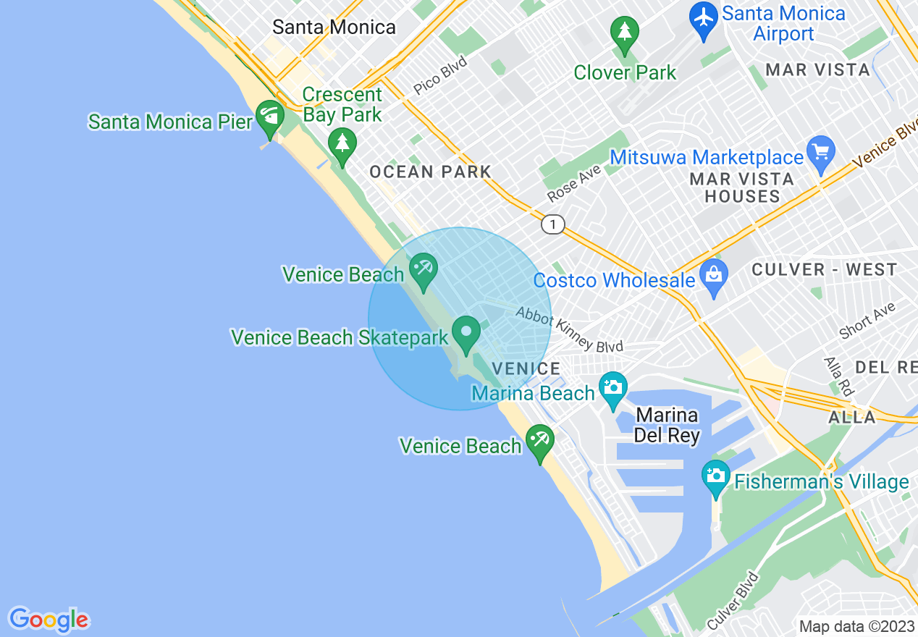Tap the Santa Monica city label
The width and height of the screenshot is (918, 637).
tap(334, 28)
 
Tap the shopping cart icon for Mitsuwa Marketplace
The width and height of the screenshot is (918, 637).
tap(821, 153)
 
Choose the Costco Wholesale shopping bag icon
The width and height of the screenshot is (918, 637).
tap(714, 276)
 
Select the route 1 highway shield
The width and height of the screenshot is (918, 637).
tap(552, 225)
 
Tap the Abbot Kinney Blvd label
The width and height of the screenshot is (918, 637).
tap(569, 329)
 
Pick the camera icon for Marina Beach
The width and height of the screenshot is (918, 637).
tap(612, 388)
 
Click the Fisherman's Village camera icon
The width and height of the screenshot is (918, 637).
tap(716, 476)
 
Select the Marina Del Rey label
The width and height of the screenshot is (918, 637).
tap(667, 426)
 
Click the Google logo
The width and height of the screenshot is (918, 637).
tap(49, 620)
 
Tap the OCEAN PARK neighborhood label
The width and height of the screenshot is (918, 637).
tap(430, 172)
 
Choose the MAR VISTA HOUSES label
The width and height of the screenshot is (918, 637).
tap(742, 187)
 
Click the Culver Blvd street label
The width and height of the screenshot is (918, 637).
tap(734, 602)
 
